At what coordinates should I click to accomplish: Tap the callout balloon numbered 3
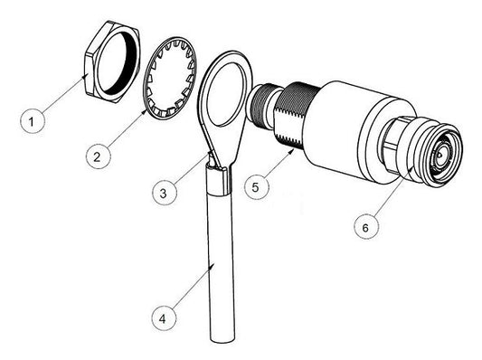164,192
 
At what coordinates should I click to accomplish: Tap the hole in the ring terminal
222,95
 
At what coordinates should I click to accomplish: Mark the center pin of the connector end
440,156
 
